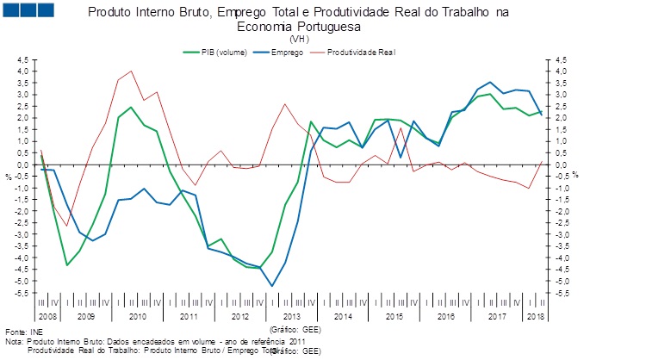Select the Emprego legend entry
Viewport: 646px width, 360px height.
tap(285, 53)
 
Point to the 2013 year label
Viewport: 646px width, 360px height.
tap(292, 317)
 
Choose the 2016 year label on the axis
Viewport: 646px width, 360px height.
tap(445, 317)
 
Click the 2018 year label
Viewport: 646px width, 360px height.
tap(535, 317)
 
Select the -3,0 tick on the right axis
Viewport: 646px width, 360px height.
tap(562, 234)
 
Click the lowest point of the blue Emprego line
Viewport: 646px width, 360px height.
tap(272, 286)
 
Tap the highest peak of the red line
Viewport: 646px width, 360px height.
tap(131, 71)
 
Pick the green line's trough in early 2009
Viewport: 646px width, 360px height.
tap(67, 265)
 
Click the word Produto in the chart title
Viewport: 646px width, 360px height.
tap(112, 12)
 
